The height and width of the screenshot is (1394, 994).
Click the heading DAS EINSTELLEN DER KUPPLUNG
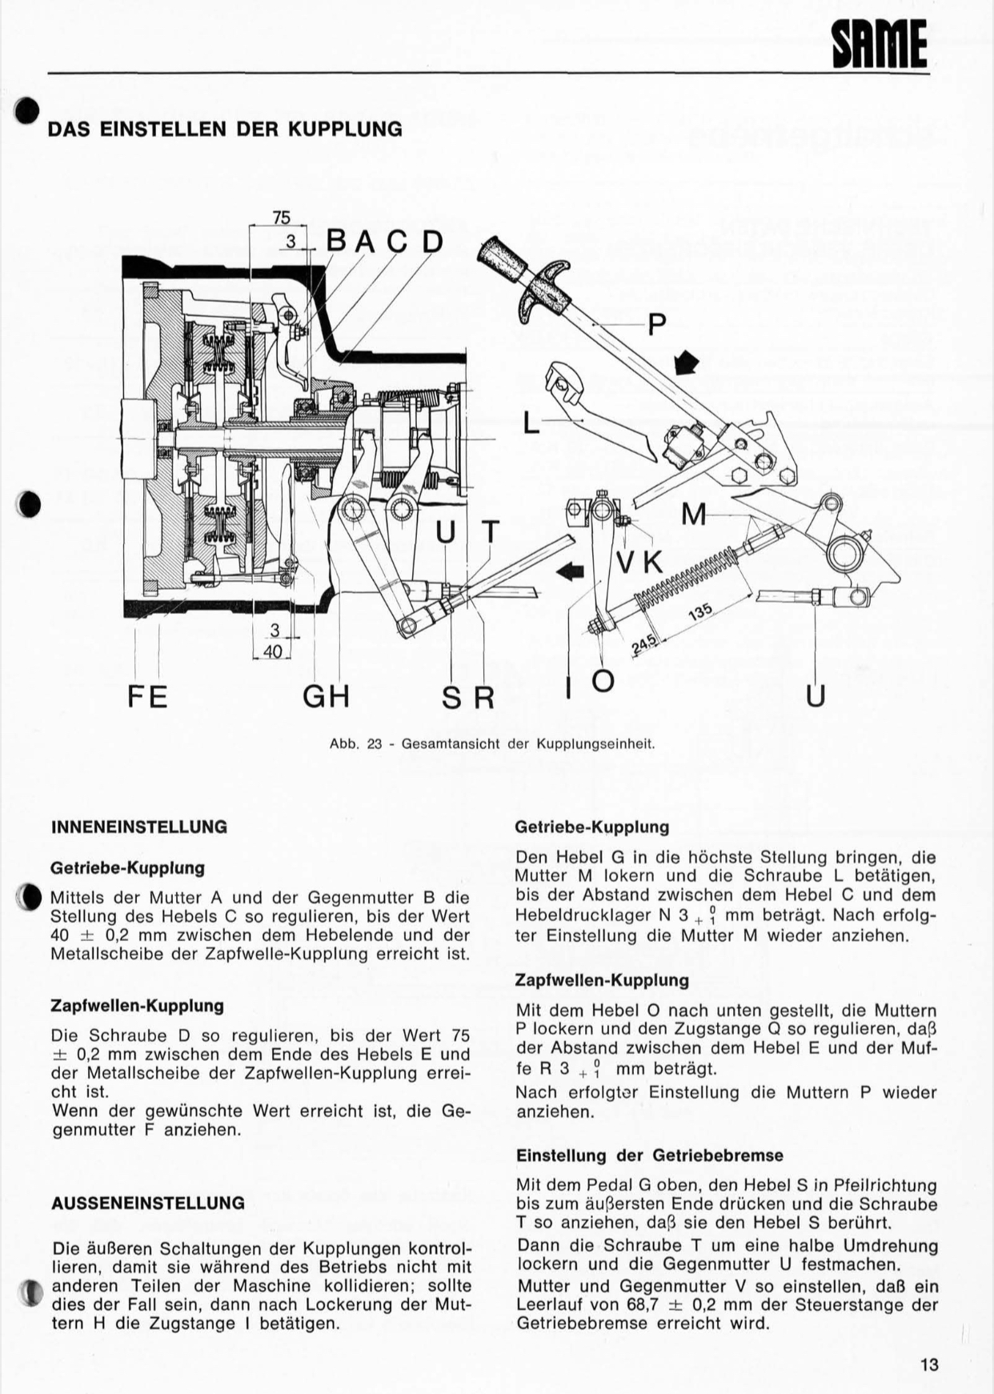[225, 129]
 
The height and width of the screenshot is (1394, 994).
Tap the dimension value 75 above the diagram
[281, 218]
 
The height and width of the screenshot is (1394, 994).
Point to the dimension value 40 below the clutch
[273, 652]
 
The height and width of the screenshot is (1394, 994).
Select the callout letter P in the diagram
[656, 324]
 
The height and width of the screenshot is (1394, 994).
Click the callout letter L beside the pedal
[531, 422]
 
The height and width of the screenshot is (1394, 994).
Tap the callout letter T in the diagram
[489, 532]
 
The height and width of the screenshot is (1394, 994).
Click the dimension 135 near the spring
[699, 612]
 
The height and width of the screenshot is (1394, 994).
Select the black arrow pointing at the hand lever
[687, 363]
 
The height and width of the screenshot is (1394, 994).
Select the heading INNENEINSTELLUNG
[139, 827]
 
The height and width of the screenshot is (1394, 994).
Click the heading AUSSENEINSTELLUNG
[148, 1204]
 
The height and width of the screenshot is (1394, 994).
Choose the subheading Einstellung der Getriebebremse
[650, 1156]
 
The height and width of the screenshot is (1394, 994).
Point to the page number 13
[929, 1365]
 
